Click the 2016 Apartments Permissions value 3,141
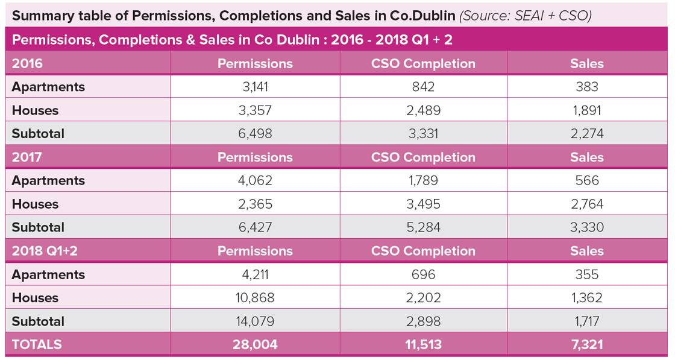click(255, 87)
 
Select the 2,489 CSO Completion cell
click(423, 110)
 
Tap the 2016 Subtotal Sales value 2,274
click(586, 134)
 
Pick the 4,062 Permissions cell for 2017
click(255, 181)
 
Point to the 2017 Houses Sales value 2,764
click(586, 204)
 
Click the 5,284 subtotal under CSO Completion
click(423, 228)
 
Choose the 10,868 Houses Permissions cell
click(255, 298)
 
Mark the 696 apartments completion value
click(423, 275)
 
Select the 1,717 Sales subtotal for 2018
click(586, 321)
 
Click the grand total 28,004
click(255, 345)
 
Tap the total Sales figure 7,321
click(586, 345)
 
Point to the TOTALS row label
click(37, 345)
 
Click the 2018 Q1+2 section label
click(45, 251)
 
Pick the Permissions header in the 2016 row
click(255, 63)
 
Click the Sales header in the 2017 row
click(586, 157)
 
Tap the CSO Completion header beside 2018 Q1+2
click(423, 251)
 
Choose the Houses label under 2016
click(35, 110)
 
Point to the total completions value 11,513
click(423, 345)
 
